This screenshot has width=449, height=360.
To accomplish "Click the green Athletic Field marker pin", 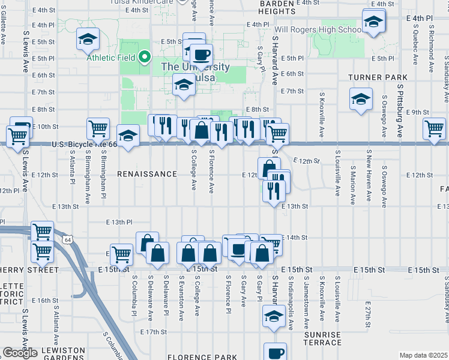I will pyautogui.click(x=145, y=58).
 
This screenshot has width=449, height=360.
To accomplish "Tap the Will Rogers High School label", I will pyautogui.click(x=318, y=29).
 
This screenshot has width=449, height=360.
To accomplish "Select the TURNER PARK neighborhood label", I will pyautogui.click(x=378, y=77).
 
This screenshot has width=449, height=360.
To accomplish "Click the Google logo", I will pyautogui.click(x=20, y=353).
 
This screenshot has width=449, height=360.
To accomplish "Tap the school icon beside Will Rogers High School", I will pyautogui.click(x=374, y=22).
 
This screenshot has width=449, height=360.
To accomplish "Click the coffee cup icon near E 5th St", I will pyautogui.click(x=202, y=54).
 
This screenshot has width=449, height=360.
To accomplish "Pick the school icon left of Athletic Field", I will pyautogui.click(x=88, y=40).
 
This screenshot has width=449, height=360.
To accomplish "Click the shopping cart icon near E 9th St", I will pyautogui.click(x=434, y=127).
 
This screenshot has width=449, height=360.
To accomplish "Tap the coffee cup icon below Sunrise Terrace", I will pyautogui.click(x=275, y=352).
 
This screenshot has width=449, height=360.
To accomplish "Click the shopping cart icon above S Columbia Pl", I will pyautogui.click(x=122, y=254).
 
